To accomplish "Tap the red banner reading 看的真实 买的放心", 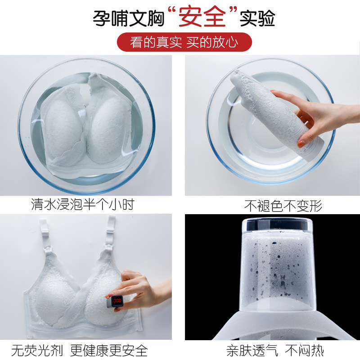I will coord(184,42).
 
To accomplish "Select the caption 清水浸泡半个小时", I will coord(83,205).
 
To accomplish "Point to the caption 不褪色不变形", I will coord(283,206).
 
